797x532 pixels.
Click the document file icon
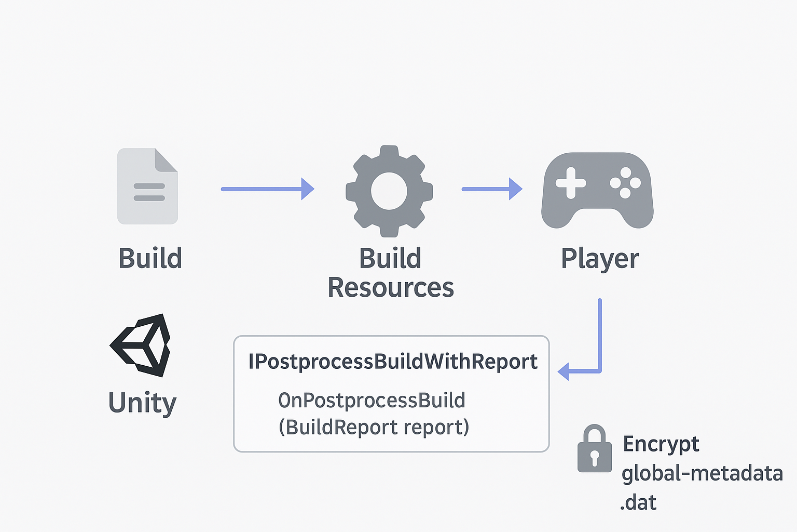point(148,187)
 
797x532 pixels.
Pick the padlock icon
point(595,449)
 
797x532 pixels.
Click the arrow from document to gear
point(267,189)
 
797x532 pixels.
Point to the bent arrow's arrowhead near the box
point(564,371)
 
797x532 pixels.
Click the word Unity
point(142,403)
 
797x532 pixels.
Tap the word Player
point(600,258)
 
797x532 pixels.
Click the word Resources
point(391,287)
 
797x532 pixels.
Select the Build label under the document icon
point(150,258)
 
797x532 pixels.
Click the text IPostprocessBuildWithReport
point(393,362)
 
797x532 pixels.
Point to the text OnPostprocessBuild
point(372,401)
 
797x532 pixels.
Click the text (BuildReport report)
point(374,427)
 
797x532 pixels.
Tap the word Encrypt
point(661,444)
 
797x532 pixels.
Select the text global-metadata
point(702,473)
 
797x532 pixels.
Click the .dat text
point(638,502)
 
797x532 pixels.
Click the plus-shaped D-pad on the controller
point(571,183)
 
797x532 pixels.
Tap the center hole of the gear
point(389,191)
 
